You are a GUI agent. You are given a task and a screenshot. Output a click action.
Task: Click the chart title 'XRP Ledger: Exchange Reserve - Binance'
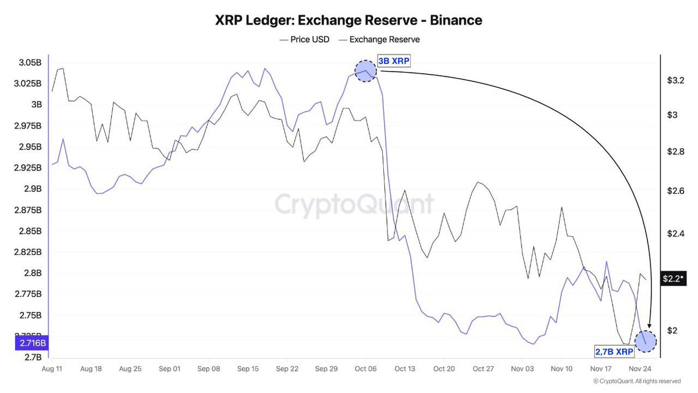click(348, 20)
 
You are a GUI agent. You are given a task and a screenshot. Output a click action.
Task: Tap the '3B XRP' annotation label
click(393, 61)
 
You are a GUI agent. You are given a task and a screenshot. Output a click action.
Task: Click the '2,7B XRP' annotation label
click(614, 352)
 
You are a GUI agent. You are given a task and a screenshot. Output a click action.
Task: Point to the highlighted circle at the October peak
click(365, 71)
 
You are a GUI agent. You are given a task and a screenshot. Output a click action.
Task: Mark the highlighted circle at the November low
click(646, 341)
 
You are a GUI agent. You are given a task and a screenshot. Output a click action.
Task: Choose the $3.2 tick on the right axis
click(675, 80)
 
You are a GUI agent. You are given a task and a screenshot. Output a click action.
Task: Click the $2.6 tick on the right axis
click(675, 191)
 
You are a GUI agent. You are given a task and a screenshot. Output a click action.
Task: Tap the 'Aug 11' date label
click(52, 369)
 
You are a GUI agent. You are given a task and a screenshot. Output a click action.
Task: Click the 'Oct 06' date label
click(365, 369)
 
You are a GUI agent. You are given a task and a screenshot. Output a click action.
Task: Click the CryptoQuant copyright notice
click(637, 381)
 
